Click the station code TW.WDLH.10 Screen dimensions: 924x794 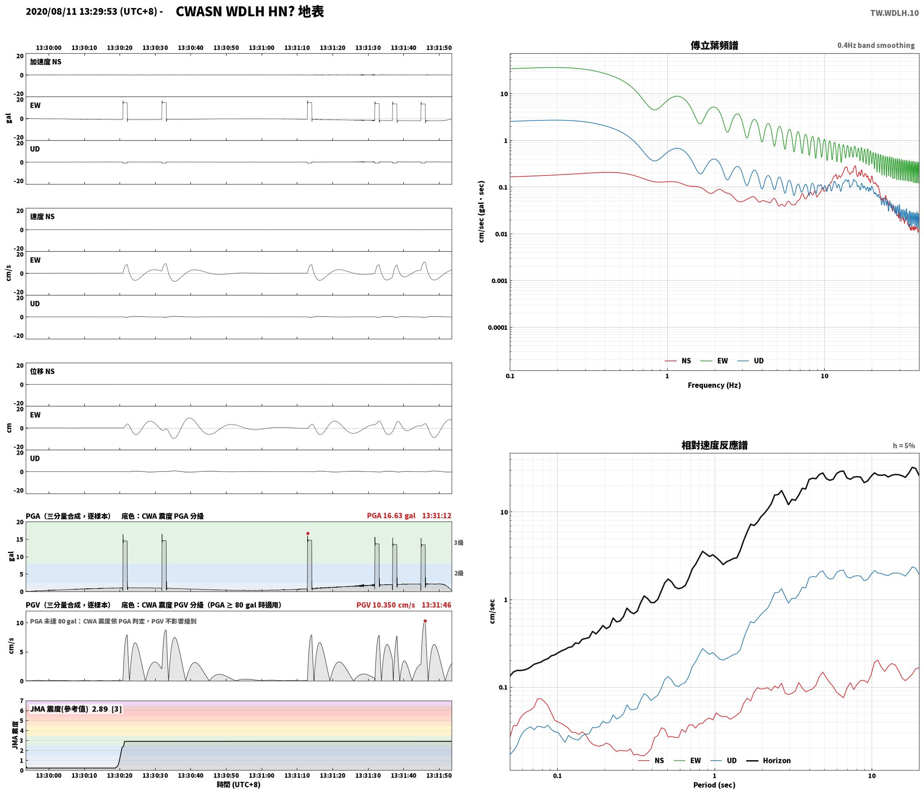(x=894, y=13)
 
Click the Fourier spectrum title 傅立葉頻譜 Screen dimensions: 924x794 (x=714, y=46)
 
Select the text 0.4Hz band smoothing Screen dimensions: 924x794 (x=876, y=46)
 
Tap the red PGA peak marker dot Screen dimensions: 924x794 (x=308, y=533)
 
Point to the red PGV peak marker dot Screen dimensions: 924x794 (x=425, y=621)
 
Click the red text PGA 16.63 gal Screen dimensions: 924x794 (x=391, y=516)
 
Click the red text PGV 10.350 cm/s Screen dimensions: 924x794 (x=386, y=605)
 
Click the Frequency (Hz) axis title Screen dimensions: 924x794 (x=714, y=385)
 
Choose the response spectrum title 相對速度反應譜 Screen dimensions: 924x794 (x=714, y=445)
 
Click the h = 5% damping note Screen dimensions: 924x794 (x=904, y=446)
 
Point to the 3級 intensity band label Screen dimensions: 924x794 (x=458, y=543)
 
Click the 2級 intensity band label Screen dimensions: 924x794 (x=458, y=573)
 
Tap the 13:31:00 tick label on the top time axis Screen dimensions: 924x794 (x=262, y=48)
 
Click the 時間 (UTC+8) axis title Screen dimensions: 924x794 (x=239, y=785)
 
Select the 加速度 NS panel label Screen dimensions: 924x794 (x=46, y=62)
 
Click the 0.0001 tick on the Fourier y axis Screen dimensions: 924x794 (x=498, y=328)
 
